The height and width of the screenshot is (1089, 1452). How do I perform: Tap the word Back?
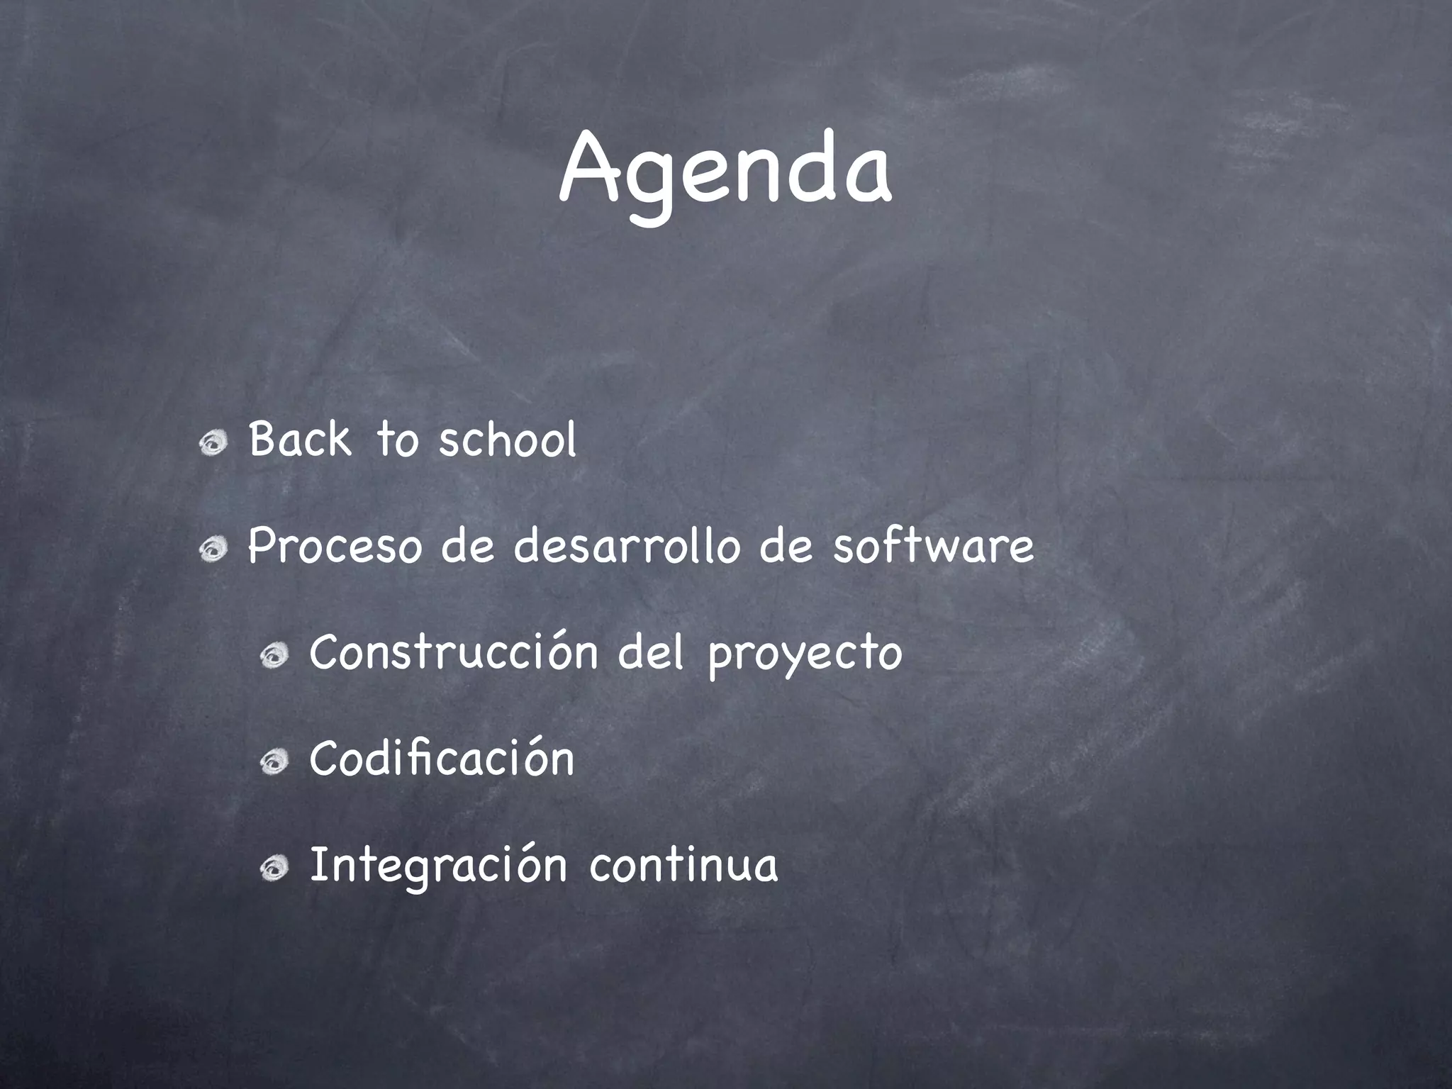299,439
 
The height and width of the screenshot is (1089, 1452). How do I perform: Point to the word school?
508,439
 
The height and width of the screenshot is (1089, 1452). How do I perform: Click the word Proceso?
334,547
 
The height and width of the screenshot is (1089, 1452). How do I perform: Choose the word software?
933,547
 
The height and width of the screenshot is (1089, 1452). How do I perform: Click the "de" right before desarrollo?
467,547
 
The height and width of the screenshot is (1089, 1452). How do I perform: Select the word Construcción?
454,652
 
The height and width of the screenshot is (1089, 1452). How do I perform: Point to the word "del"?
651,652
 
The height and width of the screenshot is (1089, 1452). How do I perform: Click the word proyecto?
805,655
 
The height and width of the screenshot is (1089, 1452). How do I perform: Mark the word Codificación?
442,758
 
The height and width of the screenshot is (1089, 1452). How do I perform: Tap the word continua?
683,866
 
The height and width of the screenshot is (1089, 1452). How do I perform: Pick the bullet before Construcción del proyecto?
273,657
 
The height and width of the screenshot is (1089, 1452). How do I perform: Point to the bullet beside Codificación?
273,763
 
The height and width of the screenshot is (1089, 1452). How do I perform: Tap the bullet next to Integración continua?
273,869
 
